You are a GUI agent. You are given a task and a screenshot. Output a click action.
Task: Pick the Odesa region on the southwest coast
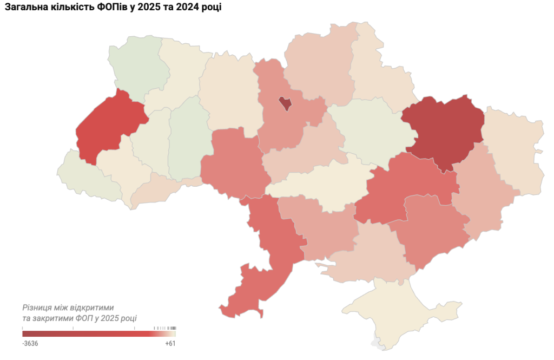(260, 282)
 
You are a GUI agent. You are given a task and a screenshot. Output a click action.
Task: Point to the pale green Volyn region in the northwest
(138, 68)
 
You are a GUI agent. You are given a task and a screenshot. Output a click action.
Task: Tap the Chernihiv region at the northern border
(319, 68)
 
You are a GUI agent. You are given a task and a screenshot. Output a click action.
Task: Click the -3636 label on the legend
(30, 343)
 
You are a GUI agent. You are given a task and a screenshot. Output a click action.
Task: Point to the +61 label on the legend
(170, 343)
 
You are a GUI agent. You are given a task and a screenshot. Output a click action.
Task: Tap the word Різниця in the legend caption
(38, 307)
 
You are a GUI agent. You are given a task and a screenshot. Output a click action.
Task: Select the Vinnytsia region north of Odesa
(233, 162)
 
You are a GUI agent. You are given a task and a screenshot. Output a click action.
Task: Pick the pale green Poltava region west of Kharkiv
(368, 130)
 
